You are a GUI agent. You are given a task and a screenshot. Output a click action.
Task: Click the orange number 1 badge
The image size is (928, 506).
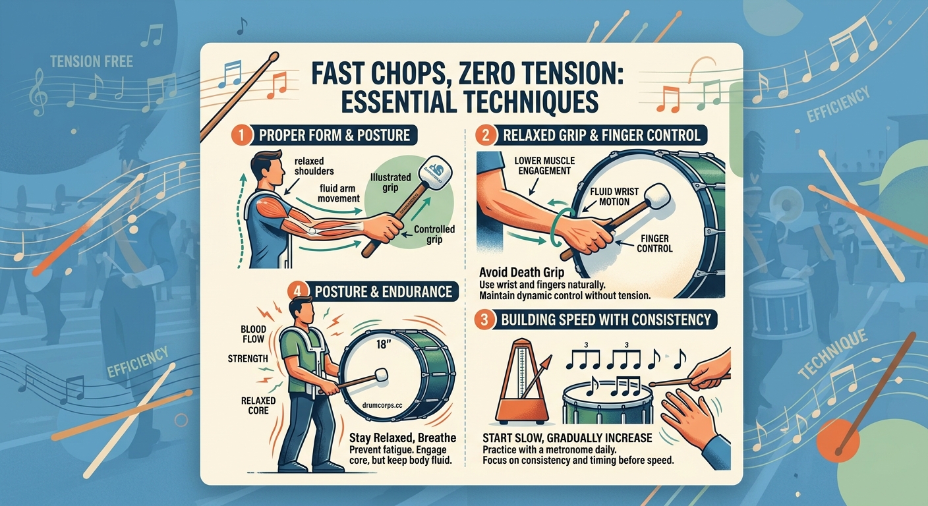click(x=239, y=136)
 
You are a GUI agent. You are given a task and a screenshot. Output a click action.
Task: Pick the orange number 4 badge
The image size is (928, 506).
click(x=297, y=291)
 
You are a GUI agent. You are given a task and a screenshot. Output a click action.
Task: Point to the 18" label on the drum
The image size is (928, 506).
click(x=383, y=344)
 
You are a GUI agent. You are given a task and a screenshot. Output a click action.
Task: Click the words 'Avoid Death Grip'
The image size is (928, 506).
click(x=519, y=271)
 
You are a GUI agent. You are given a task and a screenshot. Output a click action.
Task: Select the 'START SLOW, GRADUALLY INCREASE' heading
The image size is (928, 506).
click(x=567, y=438)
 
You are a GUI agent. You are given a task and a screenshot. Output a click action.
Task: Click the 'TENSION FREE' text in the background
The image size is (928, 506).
click(x=91, y=63)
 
